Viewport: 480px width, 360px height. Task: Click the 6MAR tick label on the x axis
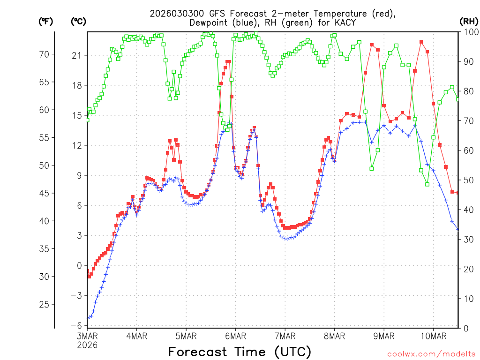[235, 336]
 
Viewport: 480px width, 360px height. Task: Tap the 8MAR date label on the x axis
[334, 336]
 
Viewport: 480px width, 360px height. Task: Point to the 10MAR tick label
[433, 336]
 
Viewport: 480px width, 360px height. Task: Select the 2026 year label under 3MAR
[87, 345]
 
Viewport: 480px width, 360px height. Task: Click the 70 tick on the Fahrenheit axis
[44, 54]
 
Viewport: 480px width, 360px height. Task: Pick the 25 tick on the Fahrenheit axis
[44, 305]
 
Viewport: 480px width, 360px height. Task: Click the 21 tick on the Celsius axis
[76, 55]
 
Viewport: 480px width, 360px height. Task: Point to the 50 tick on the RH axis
[468, 180]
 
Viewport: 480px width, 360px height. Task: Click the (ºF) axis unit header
[45, 21]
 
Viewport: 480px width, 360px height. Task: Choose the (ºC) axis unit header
[78, 21]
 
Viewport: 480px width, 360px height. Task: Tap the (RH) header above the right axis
[468, 21]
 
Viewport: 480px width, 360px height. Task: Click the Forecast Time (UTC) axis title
[240, 352]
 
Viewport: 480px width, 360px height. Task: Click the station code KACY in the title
[345, 22]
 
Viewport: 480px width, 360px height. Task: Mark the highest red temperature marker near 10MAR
[421, 42]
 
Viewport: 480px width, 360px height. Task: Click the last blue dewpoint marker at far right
[458, 229]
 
